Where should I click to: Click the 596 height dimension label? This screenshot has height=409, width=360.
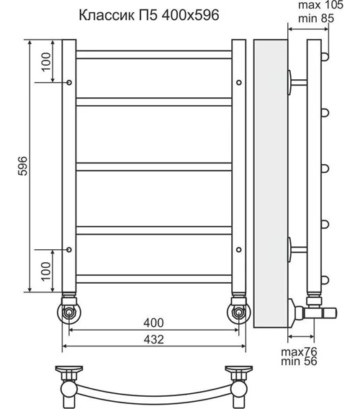pyautogui.click(x=22, y=166)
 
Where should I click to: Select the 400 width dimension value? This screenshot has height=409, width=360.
pyautogui.click(x=153, y=322)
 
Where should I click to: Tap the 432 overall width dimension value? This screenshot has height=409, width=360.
pyautogui.click(x=154, y=339)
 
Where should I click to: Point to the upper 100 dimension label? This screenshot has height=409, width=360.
pyautogui.click(x=45, y=63)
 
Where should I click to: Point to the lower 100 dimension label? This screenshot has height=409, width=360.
pyautogui.click(x=45, y=270)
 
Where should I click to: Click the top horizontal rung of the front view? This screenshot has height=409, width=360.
pyautogui.click(x=153, y=53)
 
